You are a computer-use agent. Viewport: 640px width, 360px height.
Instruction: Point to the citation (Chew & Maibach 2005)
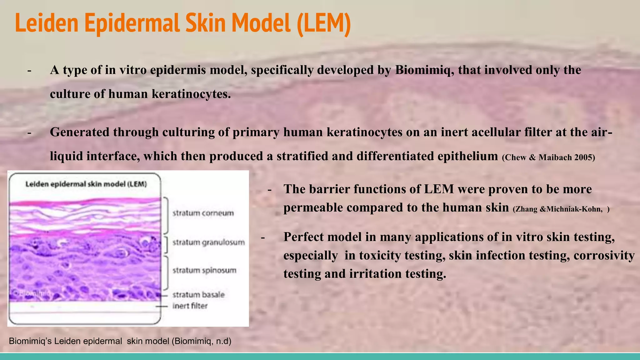[x=548, y=157]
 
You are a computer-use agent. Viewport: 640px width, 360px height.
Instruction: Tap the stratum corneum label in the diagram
[x=203, y=213]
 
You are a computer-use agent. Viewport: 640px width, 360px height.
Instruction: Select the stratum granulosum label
[x=208, y=242]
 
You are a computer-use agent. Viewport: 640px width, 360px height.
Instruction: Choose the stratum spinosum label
[x=204, y=270]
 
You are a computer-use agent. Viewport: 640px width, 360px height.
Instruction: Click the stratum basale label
[x=198, y=294]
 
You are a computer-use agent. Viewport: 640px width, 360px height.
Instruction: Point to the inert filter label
[x=190, y=306]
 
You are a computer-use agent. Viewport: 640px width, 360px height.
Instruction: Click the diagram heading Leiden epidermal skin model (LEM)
[x=86, y=184]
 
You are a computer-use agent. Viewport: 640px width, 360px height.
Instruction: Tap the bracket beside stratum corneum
[x=166, y=215]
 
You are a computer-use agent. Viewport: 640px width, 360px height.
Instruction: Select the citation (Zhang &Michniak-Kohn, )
[x=561, y=209]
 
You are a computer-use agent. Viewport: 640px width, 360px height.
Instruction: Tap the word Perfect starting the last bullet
[x=304, y=237]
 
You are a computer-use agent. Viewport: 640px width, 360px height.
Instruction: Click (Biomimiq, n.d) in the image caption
[x=202, y=341]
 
